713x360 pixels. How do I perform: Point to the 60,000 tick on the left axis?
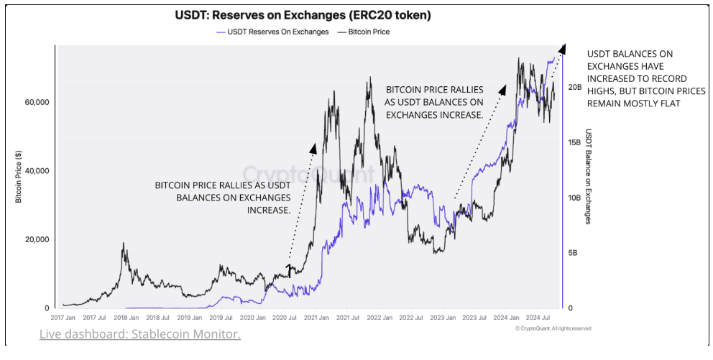(36, 102)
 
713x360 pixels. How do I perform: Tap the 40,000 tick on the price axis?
(36, 171)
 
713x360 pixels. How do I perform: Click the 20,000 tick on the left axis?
(36, 239)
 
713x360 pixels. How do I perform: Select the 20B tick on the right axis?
(574, 87)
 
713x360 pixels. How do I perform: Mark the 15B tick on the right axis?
(574, 142)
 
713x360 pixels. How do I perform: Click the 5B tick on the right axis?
(571, 253)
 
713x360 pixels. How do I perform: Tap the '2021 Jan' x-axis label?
(316, 316)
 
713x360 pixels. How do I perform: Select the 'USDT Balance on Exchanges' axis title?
(588, 177)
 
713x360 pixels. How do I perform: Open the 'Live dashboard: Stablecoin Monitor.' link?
(140, 335)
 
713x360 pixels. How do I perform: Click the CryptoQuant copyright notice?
(553, 328)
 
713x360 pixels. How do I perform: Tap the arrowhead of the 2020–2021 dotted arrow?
(313, 147)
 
